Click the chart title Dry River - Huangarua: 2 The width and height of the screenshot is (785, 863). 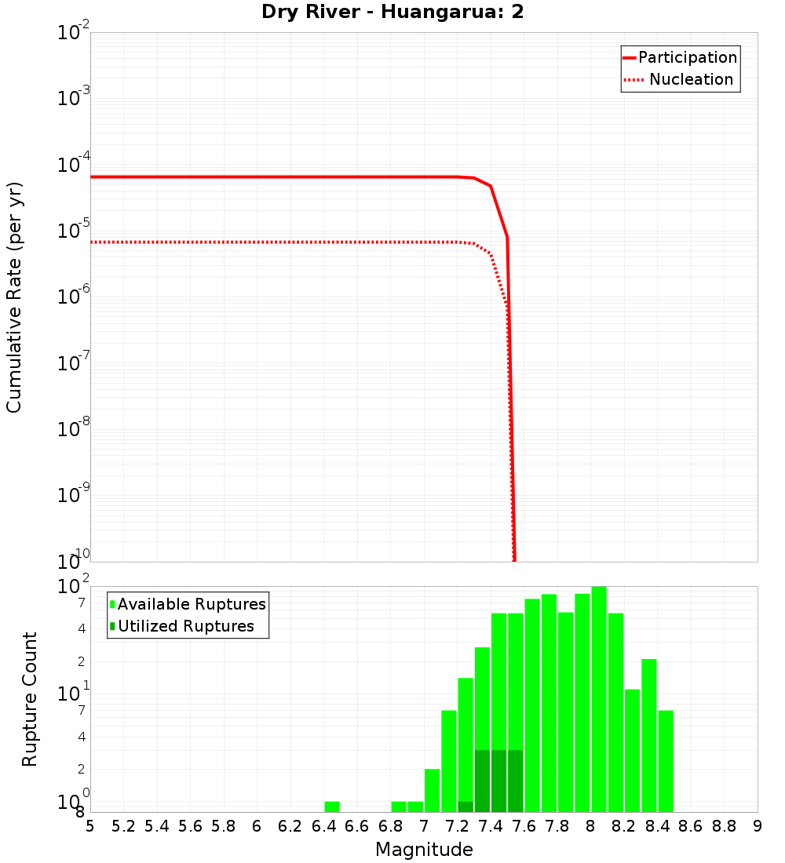(392, 13)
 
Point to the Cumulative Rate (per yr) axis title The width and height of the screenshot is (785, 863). (14, 297)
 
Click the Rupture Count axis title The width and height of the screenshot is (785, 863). (30, 698)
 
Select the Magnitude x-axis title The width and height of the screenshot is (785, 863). (424, 850)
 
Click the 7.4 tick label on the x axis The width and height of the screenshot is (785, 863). (491, 826)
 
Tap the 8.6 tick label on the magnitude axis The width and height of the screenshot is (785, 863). (691, 826)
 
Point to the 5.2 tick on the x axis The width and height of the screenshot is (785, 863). (123, 826)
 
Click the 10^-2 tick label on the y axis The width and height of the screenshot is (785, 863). (74, 33)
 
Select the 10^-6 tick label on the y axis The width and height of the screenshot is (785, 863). (74, 297)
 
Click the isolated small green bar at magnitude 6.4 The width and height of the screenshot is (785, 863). (332, 807)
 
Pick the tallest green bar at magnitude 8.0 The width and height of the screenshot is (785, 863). (599, 698)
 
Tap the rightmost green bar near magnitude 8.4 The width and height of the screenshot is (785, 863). (666, 761)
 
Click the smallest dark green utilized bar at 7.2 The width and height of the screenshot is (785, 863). (466, 807)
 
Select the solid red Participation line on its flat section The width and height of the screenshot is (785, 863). (275, 177)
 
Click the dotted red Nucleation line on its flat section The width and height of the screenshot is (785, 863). (275, 242)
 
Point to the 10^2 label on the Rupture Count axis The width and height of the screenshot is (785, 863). (74, 587)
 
